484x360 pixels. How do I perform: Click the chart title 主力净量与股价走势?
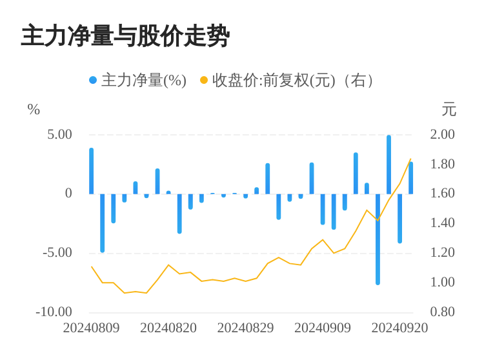[x=125, y=36]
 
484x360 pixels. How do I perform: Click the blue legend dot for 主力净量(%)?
[x=93, y=80]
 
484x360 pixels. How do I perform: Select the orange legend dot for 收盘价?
[x=204, y=80]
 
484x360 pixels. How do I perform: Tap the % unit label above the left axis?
[x=34, y=110]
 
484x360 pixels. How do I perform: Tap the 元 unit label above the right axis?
[x=449, y=110]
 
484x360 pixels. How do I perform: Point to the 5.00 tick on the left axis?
[x=59, y=134]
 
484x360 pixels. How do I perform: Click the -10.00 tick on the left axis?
[x=54, y=312]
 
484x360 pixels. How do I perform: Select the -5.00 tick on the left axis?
[x=57, y=252]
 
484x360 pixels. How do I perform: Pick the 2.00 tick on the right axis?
[x=443, y=134]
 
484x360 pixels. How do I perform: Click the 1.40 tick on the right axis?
[x=443, y=223]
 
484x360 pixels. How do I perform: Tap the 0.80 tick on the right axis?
[x=443, y=312]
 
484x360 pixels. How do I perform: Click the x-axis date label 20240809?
[x=91, y=328]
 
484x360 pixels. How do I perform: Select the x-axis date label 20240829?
[x=245, y=328]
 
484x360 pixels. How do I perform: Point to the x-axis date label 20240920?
[x=399, y=328]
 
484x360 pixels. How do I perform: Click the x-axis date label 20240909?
[x=323, y=328]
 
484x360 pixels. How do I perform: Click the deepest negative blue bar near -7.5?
[x=378, y=239]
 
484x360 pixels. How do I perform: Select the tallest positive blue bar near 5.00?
[x=388, y=165]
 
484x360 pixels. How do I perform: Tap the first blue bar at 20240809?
[x=91, y=171]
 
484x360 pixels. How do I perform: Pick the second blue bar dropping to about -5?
[x=102, y=223]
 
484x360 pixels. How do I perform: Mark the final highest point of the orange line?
[x=410, y=159]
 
